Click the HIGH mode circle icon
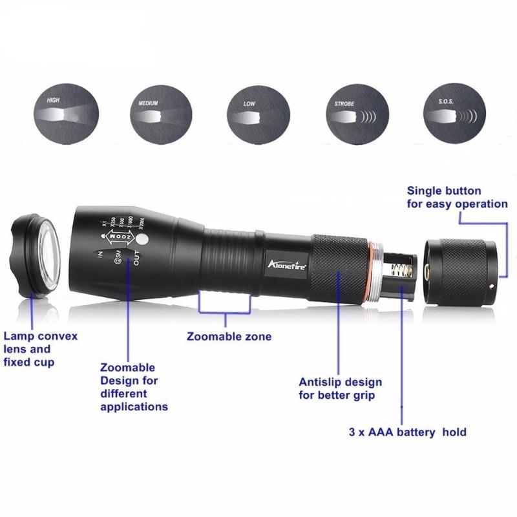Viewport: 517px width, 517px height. pyautogui.click(x=67, y=115)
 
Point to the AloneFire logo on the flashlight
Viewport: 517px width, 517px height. pyautogui.click(x=288, y=264)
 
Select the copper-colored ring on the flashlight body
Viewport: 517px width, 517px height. pyautogui.click(x=374, y=271)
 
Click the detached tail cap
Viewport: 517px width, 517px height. pyautogui.click(x=461, y=270)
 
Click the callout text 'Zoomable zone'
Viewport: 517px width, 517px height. pyautogui.click(x=229, y=337)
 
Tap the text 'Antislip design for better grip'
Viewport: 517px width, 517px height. pyautogui.click(x=340, y=388)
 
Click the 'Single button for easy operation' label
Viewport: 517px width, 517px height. pyautogui.click(x=457, y=197)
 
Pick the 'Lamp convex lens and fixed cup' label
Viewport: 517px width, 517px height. pyautogui.click(x=40, y=349)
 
